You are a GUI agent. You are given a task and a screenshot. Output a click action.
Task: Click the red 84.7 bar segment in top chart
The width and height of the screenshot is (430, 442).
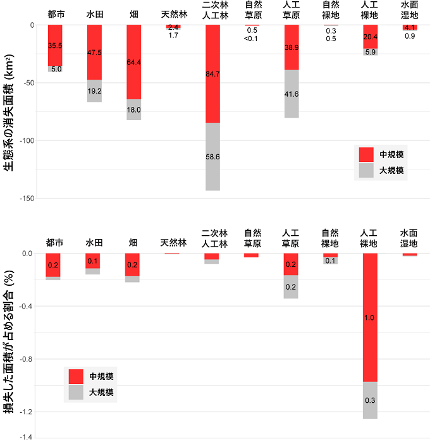[x=212, y=73]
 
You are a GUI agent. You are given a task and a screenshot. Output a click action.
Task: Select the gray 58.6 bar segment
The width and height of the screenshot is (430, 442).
[x=212, y=156]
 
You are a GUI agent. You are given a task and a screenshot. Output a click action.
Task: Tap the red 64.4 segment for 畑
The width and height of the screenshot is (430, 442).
[x=134, y=62]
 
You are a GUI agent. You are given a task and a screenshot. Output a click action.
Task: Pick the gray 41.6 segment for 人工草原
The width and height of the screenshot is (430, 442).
[x=292, y=94]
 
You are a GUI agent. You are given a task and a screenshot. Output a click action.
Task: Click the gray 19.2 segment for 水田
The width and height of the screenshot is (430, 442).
[x=94, y=90]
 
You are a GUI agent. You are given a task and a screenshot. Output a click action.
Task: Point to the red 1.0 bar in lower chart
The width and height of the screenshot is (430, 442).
[x=370, y=317]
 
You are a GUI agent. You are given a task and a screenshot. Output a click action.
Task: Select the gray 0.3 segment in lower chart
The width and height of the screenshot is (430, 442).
[x=370, y=400]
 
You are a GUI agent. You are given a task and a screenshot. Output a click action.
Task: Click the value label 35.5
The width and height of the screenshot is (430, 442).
[x=55, y=46]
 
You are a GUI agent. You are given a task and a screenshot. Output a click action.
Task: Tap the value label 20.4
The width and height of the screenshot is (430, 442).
[x=370, y=37]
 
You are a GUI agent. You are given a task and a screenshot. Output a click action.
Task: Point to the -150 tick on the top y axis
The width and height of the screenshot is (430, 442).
[x=26, y=199]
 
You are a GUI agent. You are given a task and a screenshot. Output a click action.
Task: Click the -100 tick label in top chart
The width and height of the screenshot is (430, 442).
[x=26, y=140]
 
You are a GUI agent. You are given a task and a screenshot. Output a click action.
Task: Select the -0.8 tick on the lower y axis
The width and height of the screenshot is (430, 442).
[x=26, y=359]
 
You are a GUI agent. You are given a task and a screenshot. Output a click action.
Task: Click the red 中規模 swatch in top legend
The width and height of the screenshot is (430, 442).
[x=366, y=154]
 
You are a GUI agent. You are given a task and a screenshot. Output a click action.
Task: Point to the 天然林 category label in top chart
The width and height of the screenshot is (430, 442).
[x=173, y=13]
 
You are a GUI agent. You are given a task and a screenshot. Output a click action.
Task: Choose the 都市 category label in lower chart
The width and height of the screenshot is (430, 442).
[x=55, y=242]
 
